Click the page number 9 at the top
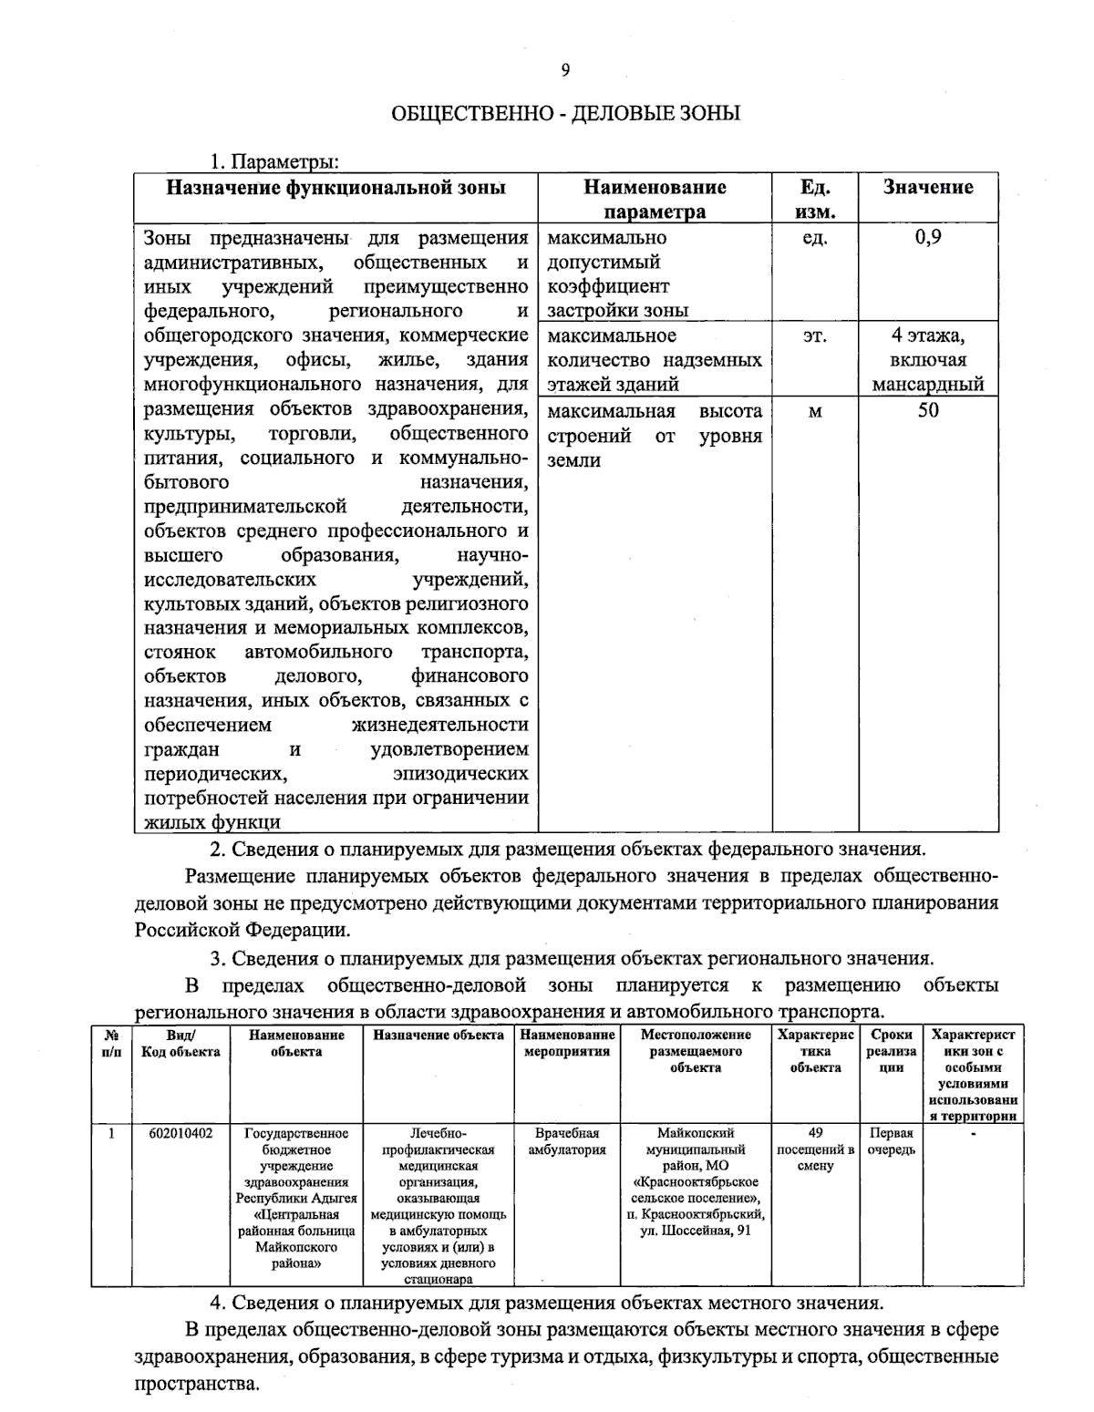point(565,70)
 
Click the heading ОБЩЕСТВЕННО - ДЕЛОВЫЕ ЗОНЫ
point(565,114)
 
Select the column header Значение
point(927,188)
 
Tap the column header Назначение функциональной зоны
point(335,188)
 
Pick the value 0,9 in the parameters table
point(927,238)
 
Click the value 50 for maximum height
point(927,410)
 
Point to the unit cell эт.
point(814,336)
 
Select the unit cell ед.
point(814,238)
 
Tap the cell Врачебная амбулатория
point(567,1141)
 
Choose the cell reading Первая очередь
point(891,1141)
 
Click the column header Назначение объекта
point(439,1035)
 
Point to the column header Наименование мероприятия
point(567,1043)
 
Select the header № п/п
point(111,1043)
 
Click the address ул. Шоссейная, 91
point(695,1231)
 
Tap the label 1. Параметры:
point(274,162)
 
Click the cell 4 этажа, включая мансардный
point(927,360)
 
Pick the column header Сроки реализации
point(891,1051)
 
